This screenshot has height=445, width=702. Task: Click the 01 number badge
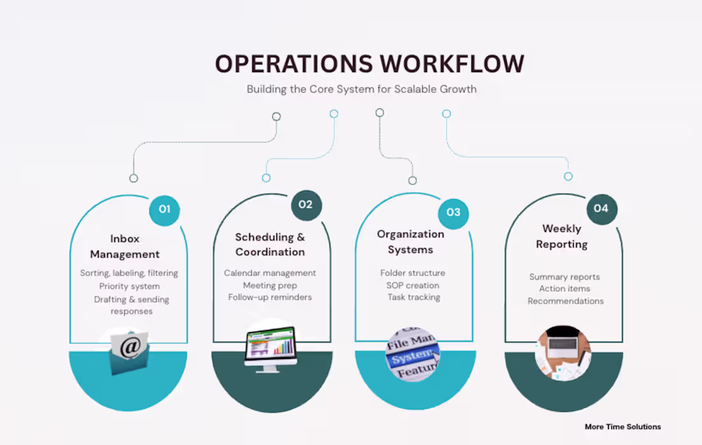165,209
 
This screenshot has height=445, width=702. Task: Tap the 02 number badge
306,205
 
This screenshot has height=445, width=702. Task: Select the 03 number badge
453,212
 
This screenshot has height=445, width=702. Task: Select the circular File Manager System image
412,354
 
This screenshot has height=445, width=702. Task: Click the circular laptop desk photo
564,353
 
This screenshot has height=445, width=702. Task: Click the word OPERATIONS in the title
294,64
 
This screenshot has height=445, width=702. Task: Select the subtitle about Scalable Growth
362,89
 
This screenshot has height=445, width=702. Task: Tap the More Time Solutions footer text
623,427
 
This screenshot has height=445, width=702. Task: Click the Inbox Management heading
124,247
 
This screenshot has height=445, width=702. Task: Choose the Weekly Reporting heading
562,237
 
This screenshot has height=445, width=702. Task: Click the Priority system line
130,286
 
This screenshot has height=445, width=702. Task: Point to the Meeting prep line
269,285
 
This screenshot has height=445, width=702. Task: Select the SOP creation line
413,285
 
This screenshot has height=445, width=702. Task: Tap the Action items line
565,289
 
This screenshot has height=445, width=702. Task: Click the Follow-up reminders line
270,297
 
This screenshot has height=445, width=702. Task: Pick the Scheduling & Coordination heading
270,245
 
